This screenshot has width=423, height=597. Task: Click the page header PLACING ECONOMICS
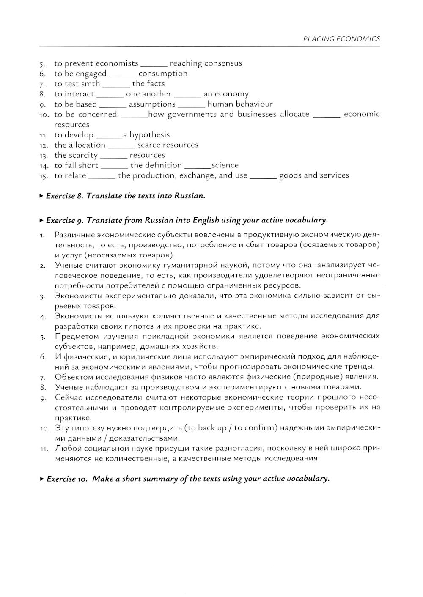(x=341, y=39)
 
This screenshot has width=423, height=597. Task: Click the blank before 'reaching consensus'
(x=154, y=64)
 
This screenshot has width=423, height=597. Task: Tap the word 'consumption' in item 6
(x=163, y=74)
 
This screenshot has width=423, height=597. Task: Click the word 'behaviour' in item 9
(x=254, y=104)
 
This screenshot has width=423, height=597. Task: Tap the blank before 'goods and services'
(x=263, y=176)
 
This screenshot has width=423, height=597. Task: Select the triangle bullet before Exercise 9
(x=41, y=220)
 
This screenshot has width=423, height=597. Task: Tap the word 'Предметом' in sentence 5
(x=76, y=337)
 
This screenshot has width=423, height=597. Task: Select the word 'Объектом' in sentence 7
(x=74, y=377)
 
